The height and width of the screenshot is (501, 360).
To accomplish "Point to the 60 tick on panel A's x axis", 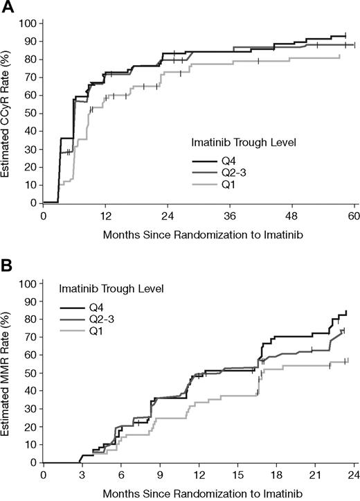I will click(354, 215).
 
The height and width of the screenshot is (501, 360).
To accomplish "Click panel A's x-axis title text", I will click(198, 234).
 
